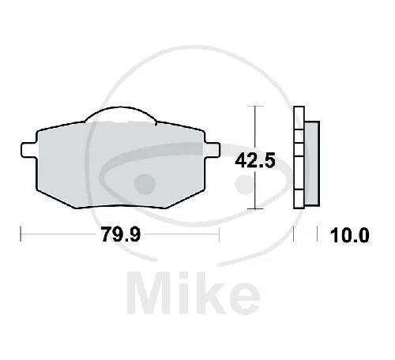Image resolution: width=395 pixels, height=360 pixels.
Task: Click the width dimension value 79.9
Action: click(121, 234)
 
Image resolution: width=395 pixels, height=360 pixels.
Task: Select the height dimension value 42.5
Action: click(255, 160)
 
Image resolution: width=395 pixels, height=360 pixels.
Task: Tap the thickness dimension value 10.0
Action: click(349, 235)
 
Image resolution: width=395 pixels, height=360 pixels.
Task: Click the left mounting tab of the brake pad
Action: click(28, 150)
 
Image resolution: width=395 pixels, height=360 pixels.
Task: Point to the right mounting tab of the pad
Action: click(212, 150)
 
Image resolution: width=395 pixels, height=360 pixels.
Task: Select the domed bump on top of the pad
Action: click(120, 114)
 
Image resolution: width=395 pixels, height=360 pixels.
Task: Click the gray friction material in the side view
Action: click(312, 163)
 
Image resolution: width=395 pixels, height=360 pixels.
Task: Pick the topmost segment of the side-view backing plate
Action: click(299, 118)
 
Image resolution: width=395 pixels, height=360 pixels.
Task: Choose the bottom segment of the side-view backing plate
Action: click(299, 199)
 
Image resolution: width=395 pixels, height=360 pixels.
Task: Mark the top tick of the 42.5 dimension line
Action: click(255, 106)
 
